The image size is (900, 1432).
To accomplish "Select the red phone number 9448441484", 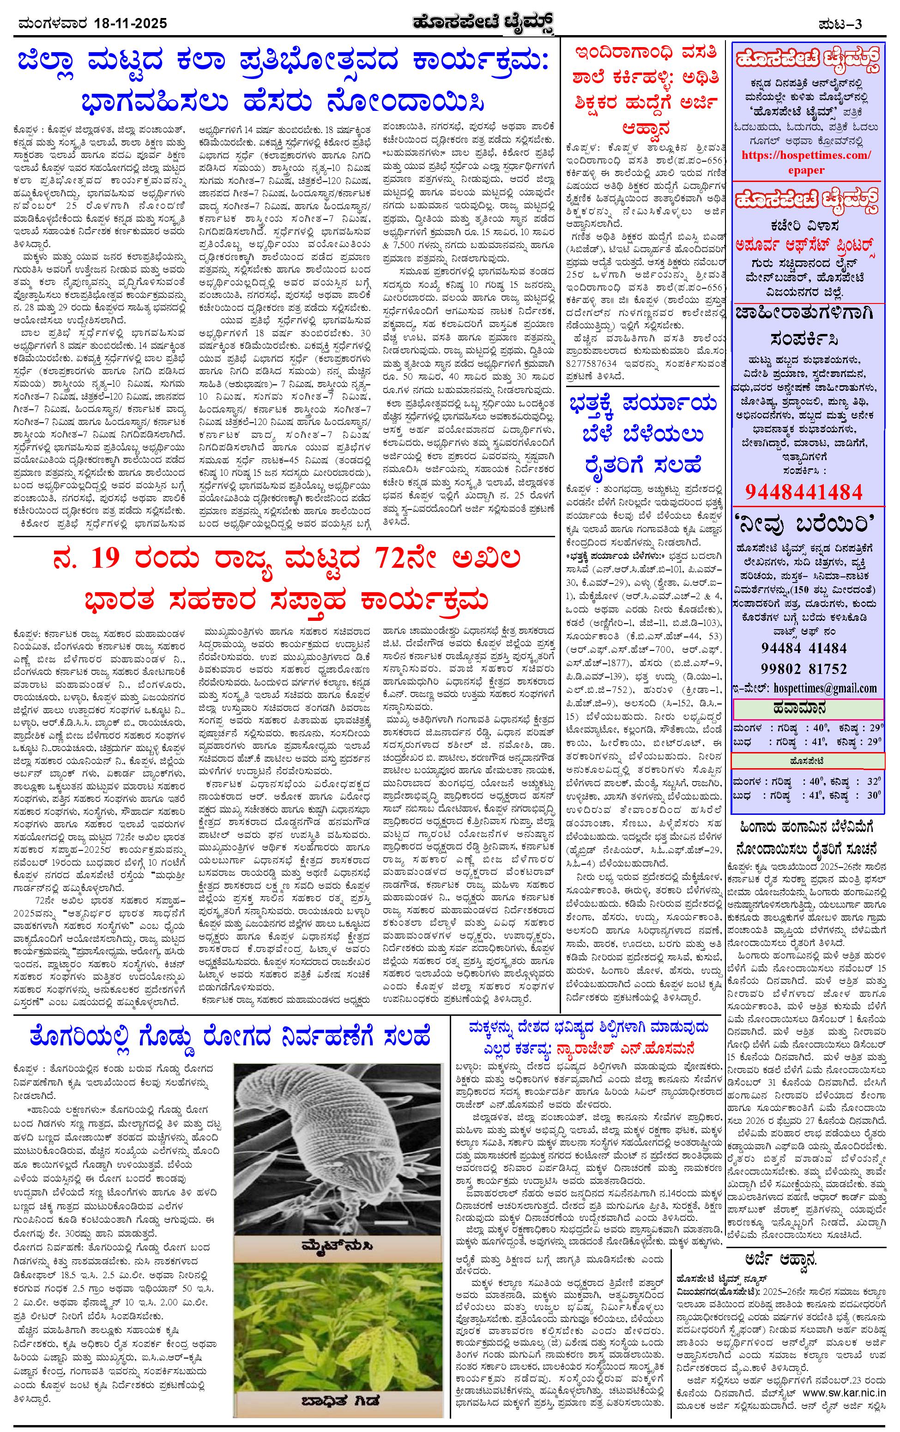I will coord(803,492).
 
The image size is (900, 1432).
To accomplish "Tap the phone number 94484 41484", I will coord(803,648).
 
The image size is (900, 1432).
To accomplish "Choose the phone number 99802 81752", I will coord(803,668).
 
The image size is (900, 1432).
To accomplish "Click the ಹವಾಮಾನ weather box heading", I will coord(807,708).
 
